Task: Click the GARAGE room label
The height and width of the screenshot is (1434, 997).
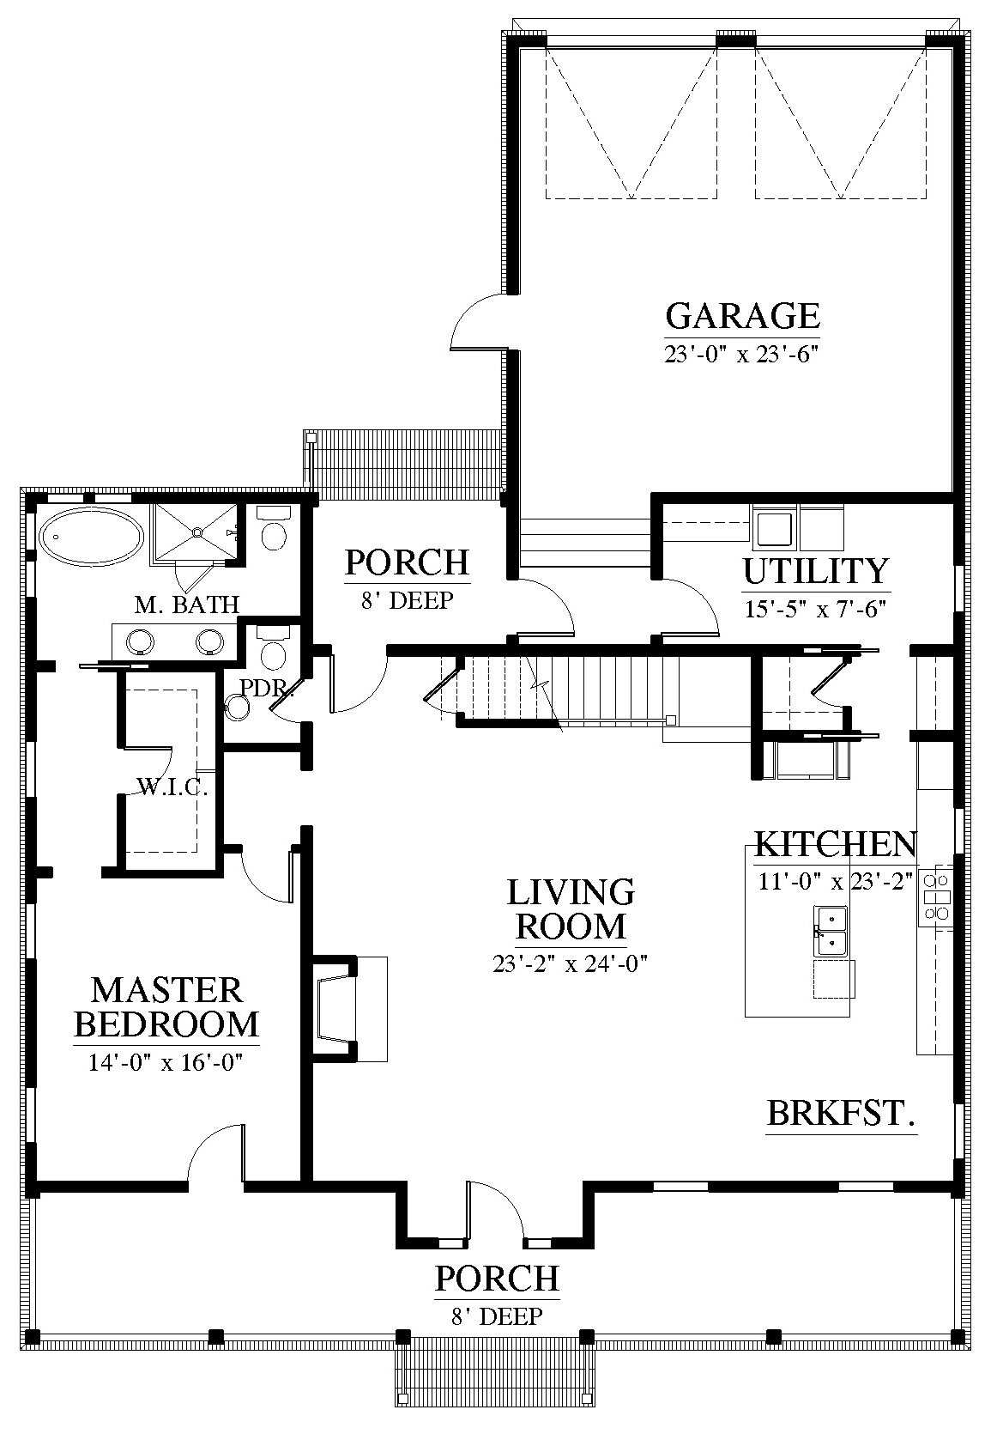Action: pyautogui.click(x=742, y=315)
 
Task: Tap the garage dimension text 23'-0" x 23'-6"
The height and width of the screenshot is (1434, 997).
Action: pyautogui.click(x=742, y=354)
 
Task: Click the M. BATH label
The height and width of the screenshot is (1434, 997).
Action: pyautogui.click(x=187, y=604)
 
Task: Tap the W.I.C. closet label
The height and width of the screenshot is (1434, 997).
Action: pyautogui.click(x=172, y=787)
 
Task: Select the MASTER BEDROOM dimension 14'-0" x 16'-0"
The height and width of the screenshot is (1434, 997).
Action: pyautogui.click(x=166, y=1062)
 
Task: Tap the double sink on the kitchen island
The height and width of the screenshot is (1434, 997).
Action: pyautogui.click(x=831, y=930)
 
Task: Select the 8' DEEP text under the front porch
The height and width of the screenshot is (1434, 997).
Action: pyautogui.click(x=497, y=1316)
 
